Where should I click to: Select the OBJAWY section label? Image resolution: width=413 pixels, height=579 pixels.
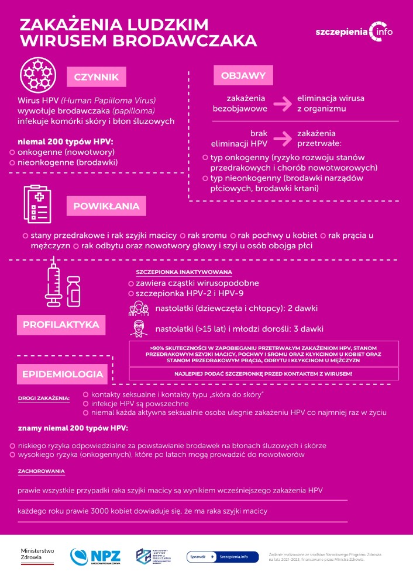[243, 75]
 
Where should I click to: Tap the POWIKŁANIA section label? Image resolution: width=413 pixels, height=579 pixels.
[106, 206]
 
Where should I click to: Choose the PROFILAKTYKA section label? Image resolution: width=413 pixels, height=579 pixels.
[61, 324]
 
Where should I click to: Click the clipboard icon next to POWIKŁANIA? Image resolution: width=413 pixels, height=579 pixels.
[39, 203]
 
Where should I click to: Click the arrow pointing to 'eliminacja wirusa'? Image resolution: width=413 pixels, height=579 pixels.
[283, 103]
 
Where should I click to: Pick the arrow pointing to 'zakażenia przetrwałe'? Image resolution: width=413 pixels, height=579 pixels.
[283, 138]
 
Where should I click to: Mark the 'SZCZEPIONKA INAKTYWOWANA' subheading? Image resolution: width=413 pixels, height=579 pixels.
[184, 272]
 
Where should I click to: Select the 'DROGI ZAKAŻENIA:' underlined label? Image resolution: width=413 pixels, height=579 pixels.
[44, 399]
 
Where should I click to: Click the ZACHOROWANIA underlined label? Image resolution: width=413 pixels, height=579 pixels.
[41, 471]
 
